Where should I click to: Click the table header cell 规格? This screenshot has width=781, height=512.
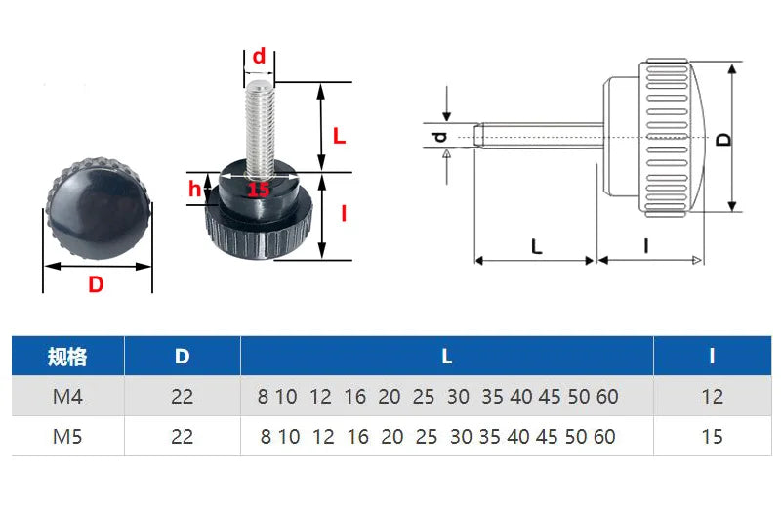[66, 357]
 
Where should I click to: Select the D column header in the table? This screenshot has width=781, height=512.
[182, 357]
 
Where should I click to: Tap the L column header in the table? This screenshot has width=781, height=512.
[446, 357]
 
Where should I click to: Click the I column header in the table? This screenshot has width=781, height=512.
[712, 357]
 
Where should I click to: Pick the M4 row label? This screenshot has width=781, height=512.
[66, 397]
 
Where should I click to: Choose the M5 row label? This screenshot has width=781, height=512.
[66, 436]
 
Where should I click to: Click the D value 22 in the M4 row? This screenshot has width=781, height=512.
[182, 397]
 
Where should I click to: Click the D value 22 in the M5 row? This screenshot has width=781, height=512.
[182, 436]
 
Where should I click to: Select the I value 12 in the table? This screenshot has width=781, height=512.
[712, 397]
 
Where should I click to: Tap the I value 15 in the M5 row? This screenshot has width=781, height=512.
[712, 436]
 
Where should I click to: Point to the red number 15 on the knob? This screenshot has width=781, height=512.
[258, 190]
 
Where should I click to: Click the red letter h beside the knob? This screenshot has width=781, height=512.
[195, 189]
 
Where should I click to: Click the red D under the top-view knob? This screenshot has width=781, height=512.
[96, 284]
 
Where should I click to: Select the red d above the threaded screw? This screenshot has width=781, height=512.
[259, 57]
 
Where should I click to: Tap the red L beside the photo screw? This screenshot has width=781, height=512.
[339, 137]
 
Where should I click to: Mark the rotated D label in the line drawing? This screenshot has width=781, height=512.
[723, 138]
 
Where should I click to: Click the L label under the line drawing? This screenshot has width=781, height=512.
[536, 247]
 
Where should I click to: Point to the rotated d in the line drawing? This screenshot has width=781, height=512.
[440, 138]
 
